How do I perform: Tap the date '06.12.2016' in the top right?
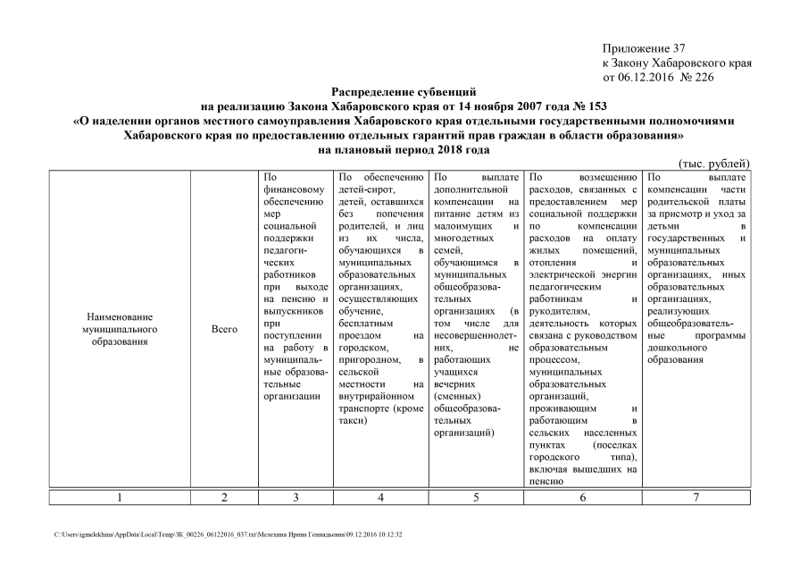tap(649, 78)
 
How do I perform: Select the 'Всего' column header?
tap(224, 330)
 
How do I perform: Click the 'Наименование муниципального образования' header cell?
tap(120, 330)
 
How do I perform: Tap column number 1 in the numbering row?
tap(120, 498)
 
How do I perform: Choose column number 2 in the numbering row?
tap(224, 498)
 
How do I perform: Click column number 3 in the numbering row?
tap(296, 498)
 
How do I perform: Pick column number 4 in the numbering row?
tap(381, 498)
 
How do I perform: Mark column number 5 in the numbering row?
tap(475, 498)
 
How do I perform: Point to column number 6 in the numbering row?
tap(582, 498)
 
